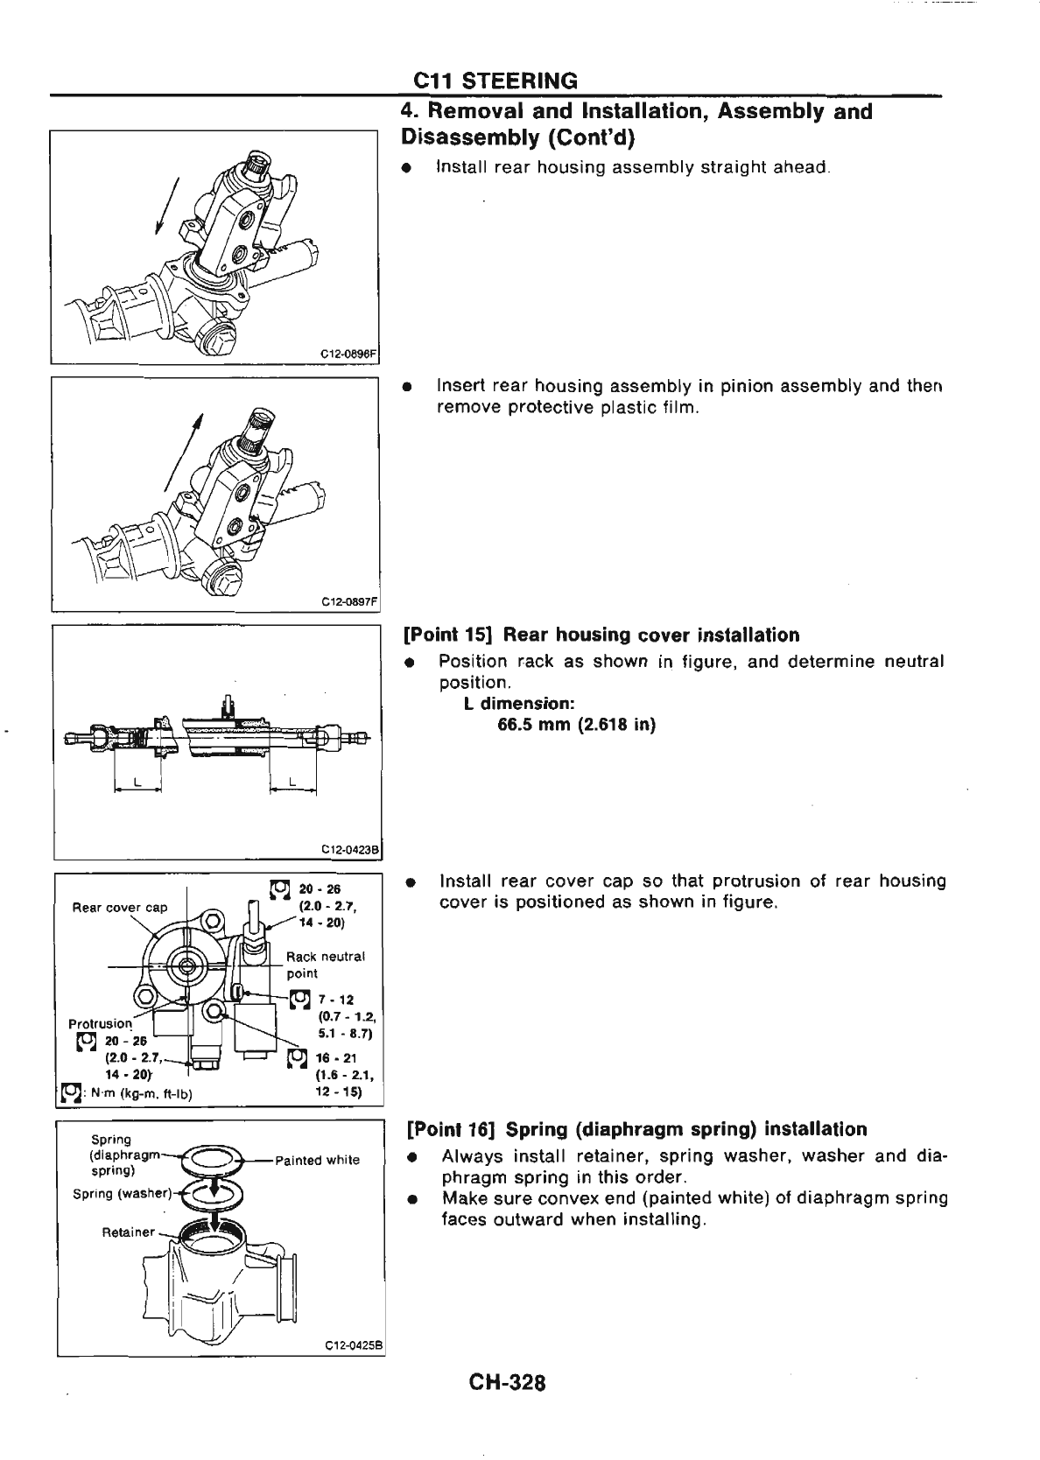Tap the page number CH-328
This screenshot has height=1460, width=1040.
pos(507,1383)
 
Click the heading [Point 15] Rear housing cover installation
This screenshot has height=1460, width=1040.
pos(601,635)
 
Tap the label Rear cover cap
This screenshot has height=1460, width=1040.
pos(119,907)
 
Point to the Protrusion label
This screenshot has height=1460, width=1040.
pos(100,1023)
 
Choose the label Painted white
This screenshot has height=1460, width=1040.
pos(317,1161)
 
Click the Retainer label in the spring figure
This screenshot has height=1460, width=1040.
pos(128,1232)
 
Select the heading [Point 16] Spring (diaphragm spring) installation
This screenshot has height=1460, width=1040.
pos(635,1128)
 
